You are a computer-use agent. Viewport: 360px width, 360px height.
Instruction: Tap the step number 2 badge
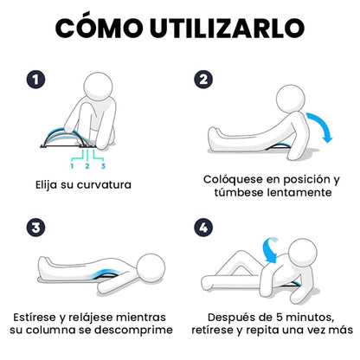tap(204, 79)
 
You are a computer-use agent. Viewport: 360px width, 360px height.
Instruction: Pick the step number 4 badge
tap(204, 228)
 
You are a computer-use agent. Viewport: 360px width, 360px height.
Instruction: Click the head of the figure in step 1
tap(106, 88)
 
